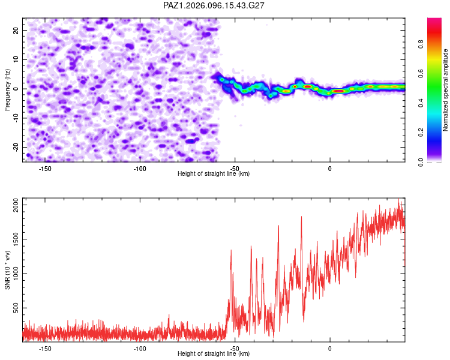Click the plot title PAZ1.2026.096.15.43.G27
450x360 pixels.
point(214,5)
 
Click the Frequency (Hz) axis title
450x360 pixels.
point(7,89)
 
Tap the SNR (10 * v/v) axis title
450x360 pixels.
point(7,270)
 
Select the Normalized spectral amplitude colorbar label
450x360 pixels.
point(445,89)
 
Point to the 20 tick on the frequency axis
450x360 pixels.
point(16,30)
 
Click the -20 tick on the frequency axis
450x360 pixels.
point(16,147)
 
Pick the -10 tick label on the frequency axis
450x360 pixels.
point(16,118)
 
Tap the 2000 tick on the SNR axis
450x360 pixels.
point(16,205)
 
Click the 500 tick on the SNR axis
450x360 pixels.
point(16,308)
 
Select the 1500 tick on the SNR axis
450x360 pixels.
point(16,239)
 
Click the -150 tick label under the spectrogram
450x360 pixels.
point(45,169)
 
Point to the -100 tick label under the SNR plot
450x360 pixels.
point(140,349)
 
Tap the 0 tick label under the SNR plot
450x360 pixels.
point(330,349)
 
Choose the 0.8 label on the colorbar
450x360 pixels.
point(421,44)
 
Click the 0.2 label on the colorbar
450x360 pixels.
point(421,133)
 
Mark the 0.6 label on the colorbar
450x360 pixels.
point(421,74)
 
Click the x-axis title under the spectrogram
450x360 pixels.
point(214,173)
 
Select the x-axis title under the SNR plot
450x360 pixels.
point(214,353)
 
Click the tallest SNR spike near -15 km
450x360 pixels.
point(301,217)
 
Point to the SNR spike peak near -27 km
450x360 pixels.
point(278,226)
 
